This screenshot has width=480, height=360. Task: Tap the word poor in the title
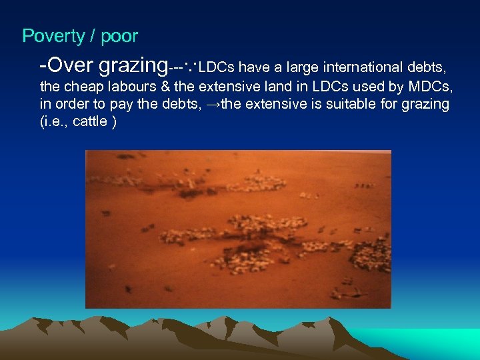119,37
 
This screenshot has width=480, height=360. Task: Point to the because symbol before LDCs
190,67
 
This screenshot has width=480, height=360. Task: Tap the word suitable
347,105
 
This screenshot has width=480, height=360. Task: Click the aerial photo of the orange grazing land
238,229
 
